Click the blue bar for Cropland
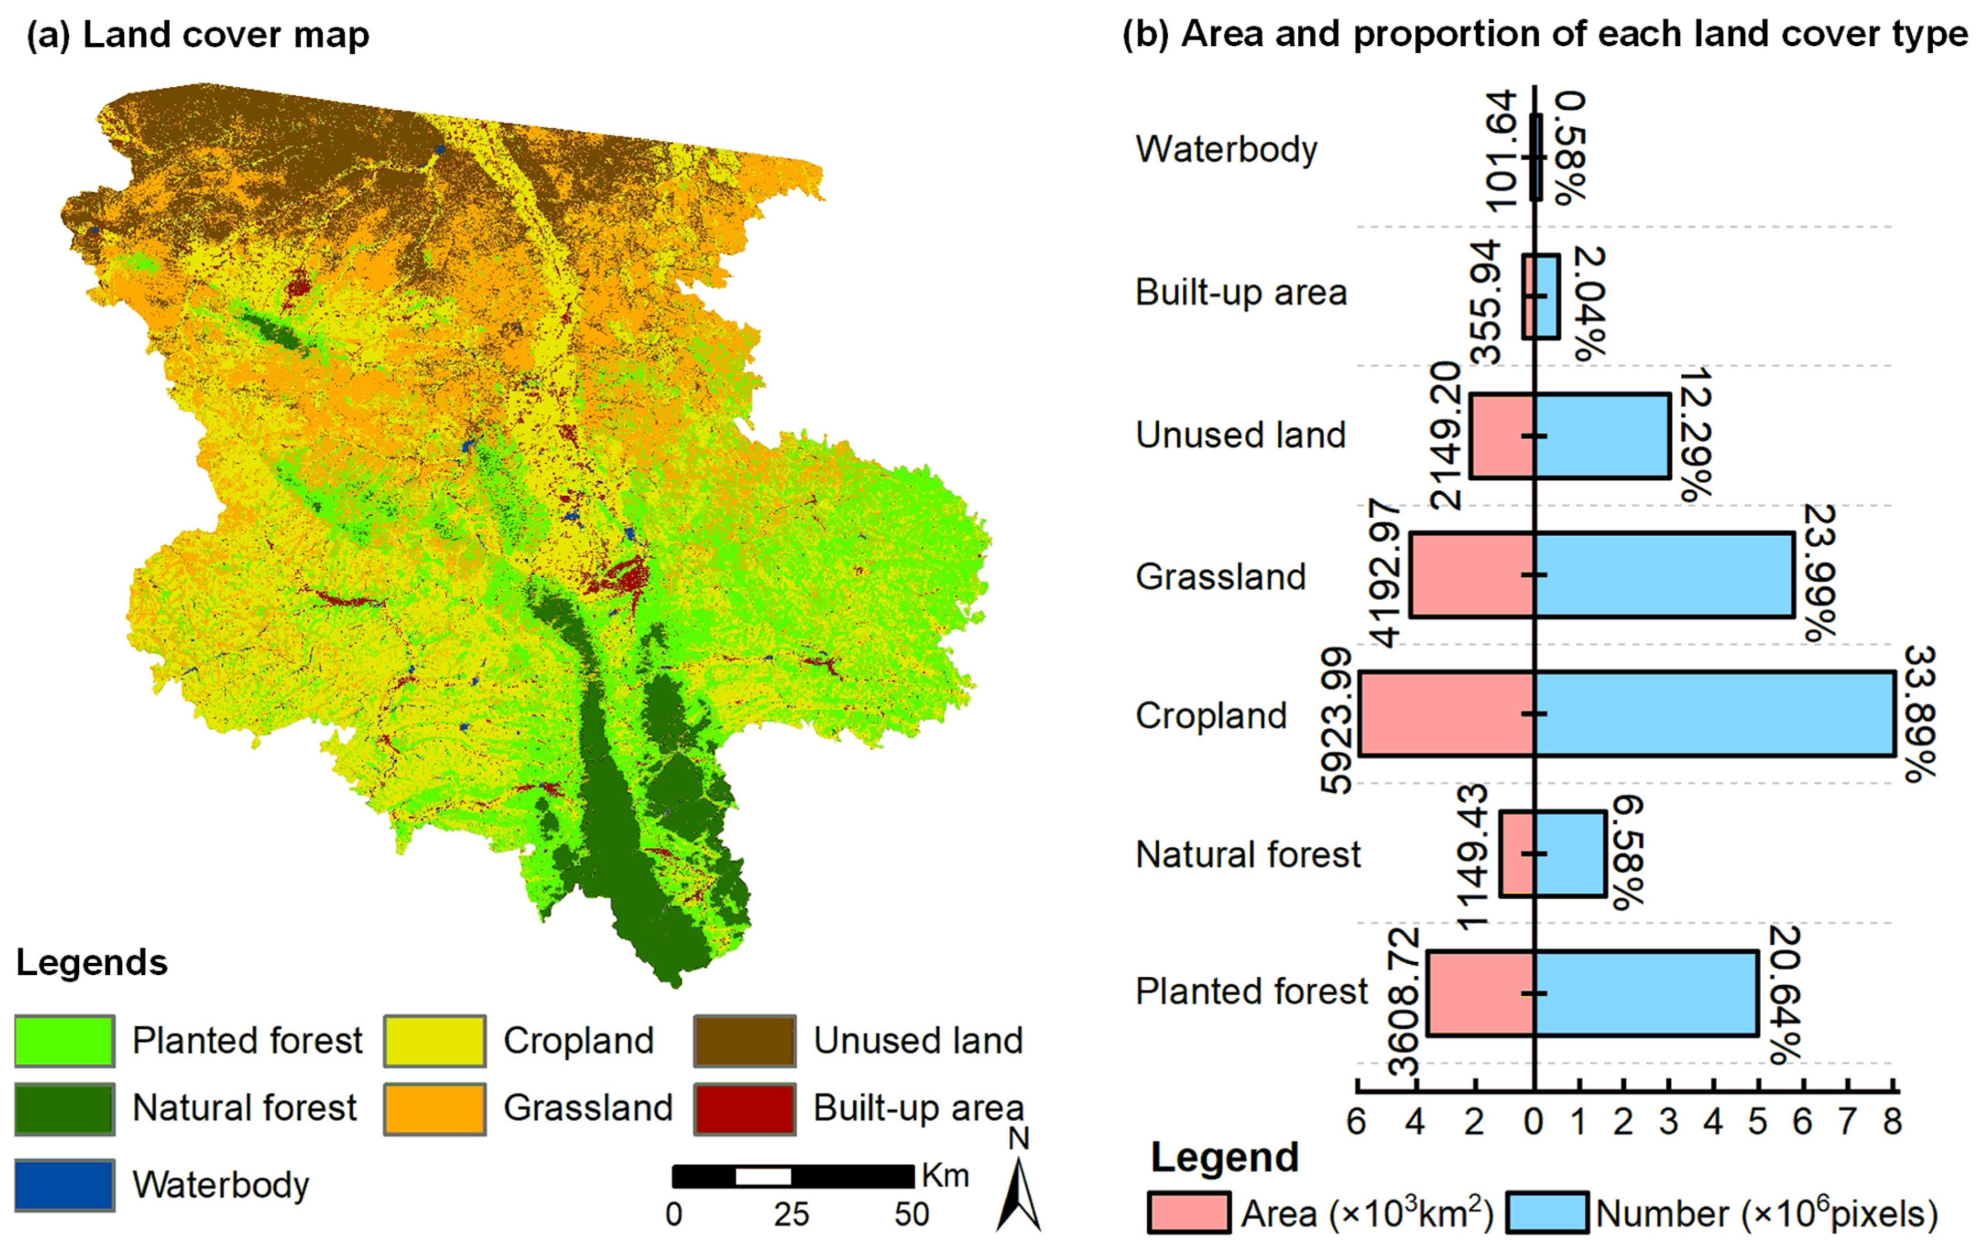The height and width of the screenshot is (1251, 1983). pyautogui.click(x=1713, y=713)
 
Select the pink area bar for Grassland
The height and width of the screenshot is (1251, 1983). pyautogui.click(x=1472, y=575)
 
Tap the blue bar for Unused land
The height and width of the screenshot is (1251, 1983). pyautogui.click(x=1602, y=435)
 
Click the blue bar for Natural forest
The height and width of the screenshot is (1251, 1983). pyautogui.click(x=1569, y=853)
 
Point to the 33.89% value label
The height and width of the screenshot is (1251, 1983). pyautogui.click(x=1919, y=713)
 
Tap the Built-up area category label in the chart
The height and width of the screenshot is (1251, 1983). pyautogui.click(x=1240, y=292)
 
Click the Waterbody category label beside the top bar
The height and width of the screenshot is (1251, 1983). pyautogui.click(x=1226, y=149)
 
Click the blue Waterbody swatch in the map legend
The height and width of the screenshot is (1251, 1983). pyautogui.click(x=64, y=1185)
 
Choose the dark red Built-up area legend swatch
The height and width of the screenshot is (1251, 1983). pyautogui.click(x=744, y=1109)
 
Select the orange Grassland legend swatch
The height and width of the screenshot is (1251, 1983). pyautogui.click(x=435, y=1109)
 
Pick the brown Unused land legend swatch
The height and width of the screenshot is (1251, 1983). pyautogui.click(x=744, y=1041)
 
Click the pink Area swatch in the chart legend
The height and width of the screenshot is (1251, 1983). pyautogui.click(x=1189, y=1213)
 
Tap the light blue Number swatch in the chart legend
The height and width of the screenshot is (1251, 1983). pyautogui.click(x=1548, y=1213)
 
